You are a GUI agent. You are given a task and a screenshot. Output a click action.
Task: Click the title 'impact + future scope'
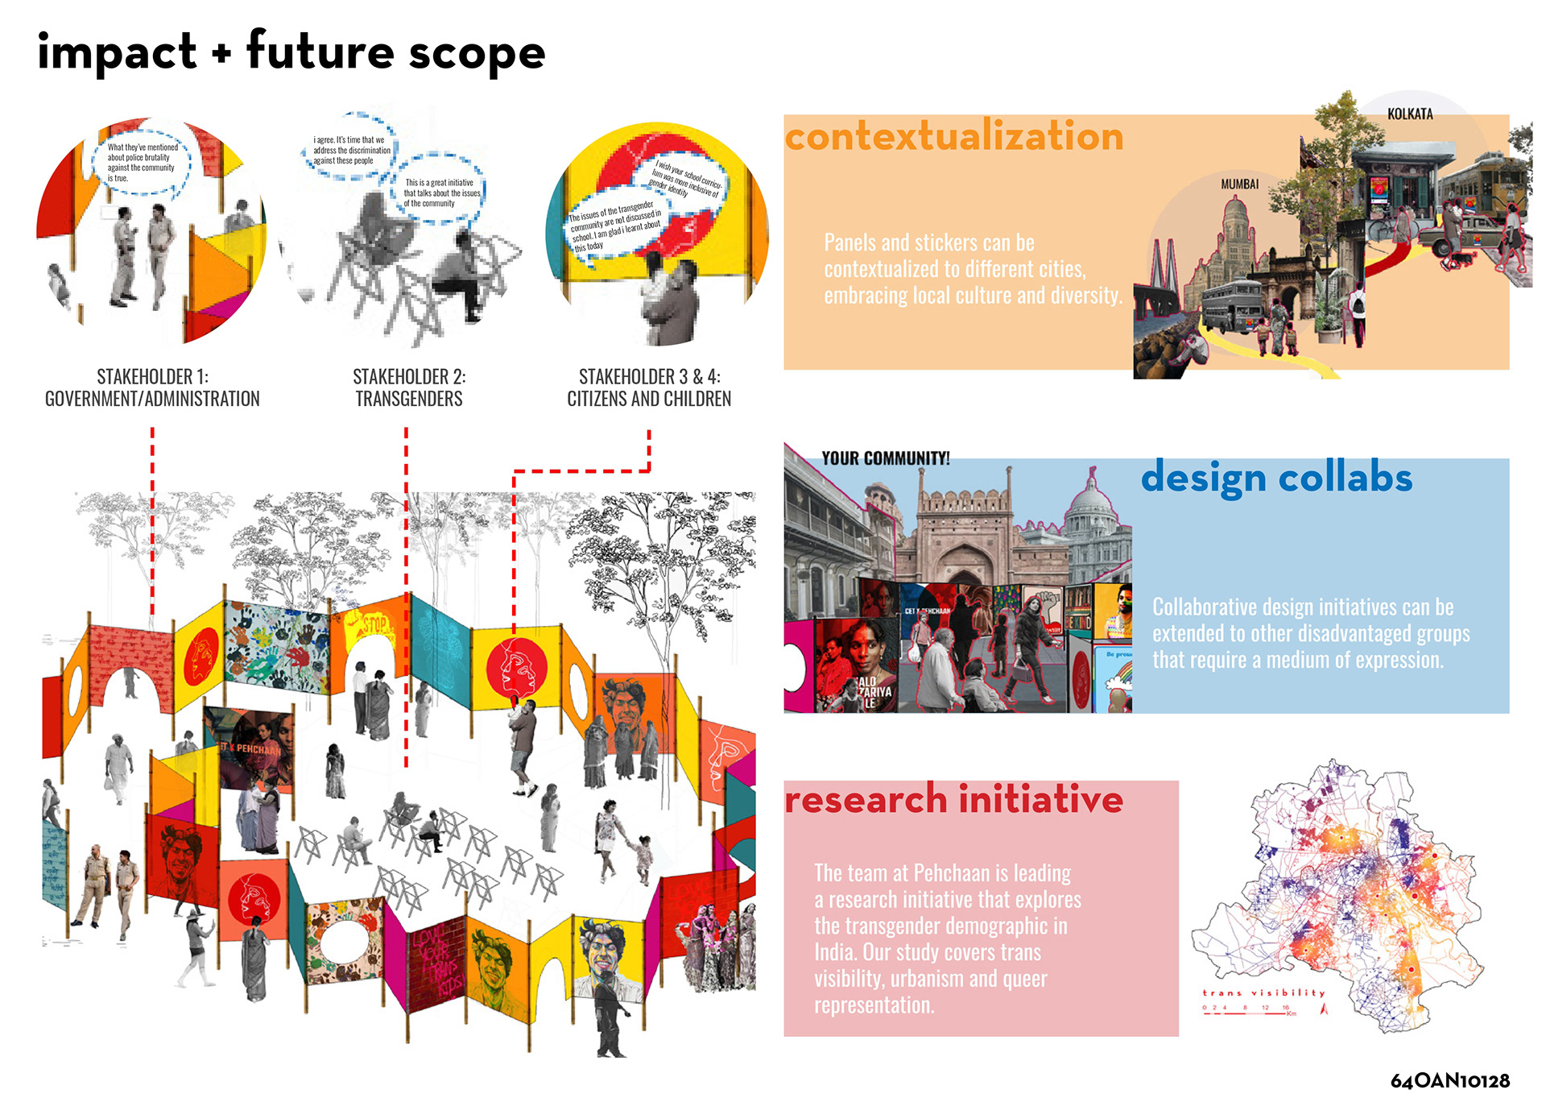coord(291,52)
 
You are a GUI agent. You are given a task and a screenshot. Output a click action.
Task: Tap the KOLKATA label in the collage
coord(1409,114)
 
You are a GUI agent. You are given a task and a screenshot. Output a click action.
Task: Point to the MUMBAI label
coord(1239,184)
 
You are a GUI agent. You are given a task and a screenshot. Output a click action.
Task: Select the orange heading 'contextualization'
coord(954,135)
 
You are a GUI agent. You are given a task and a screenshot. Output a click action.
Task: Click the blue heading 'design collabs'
coord(1276,478)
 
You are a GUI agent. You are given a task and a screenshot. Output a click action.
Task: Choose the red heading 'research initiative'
coord(953,799)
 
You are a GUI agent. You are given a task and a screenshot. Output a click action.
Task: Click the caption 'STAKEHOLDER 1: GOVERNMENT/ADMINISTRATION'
coord(152,387)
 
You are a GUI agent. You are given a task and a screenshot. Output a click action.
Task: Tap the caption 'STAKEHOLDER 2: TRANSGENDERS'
coord(409,387)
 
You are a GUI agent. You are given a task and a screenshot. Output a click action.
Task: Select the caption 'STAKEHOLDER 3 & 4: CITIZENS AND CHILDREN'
coord(649,387)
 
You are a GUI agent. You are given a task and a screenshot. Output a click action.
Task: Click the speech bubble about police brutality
coord(143,163)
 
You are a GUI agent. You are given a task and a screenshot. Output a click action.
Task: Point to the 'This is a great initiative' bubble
coord(440,193)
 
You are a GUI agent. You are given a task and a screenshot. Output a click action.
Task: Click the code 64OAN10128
coord(1449,1080)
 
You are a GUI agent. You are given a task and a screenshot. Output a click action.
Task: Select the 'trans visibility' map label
coord(1263,993)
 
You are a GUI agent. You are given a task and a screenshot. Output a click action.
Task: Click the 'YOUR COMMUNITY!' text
coord(885,458)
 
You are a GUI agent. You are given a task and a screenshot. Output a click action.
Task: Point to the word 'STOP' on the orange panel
coord(374,624)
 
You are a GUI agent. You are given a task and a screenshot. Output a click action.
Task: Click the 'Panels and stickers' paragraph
coord(972,269)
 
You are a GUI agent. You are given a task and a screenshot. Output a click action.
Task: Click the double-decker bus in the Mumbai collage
coord(1230,304)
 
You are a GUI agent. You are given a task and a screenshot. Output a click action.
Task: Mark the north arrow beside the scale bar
coord(1323,1008)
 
